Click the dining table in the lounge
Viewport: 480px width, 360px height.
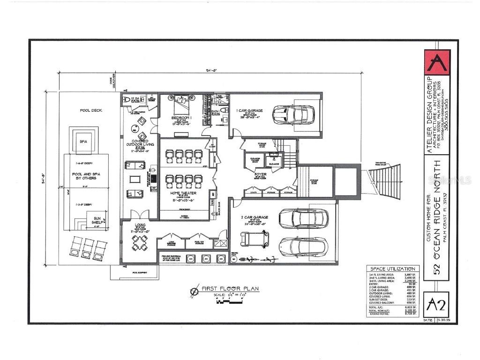click(139, 243)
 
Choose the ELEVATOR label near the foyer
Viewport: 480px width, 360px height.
click(273, 164)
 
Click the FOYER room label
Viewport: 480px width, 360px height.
click(261, 174)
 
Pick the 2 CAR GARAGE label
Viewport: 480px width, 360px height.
click(255, 217)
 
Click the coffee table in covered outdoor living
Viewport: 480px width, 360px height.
click(135, 179)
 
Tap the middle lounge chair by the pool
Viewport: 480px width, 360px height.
click(87, 248)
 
